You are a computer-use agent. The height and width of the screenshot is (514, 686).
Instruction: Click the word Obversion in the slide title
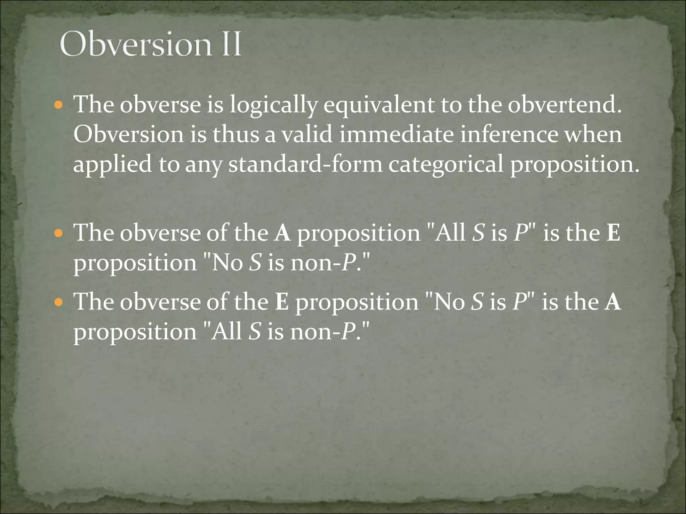[136, 44]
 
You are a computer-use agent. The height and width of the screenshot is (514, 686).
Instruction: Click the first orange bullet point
[58, 105]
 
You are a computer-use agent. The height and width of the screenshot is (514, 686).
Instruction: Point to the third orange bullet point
[58, 303]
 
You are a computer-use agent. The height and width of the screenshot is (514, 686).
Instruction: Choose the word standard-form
[305, 164]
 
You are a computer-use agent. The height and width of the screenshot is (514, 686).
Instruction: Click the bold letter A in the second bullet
[282, 233]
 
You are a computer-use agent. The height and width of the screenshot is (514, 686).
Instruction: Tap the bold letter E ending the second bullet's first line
[613, 233]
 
